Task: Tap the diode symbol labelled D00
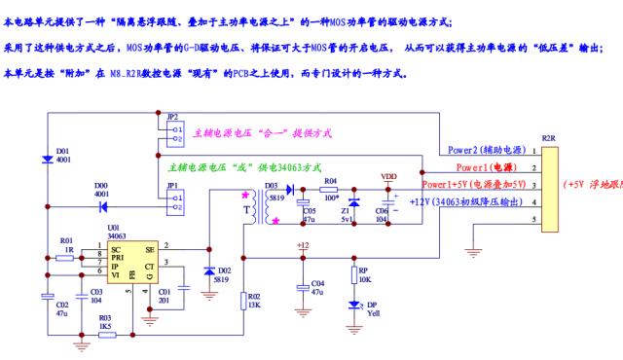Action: click(x=101, y=206)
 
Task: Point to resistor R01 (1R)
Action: click(x=67, y=250)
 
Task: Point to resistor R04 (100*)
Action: click(x=331, y=192)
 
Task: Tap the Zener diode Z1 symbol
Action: click(x=353, y=203)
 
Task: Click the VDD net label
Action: click(x=387, y=177)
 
